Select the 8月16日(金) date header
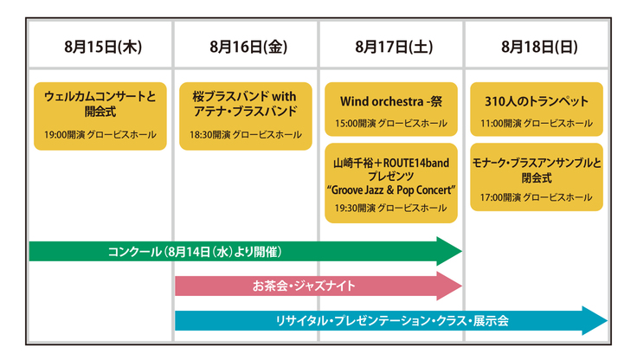pos(248,47)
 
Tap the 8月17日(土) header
pos(393,47)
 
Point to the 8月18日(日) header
pos(538,47)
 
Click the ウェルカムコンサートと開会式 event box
pos(100,114)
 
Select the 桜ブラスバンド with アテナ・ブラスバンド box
pos(246,114)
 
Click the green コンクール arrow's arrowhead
pos(450,251)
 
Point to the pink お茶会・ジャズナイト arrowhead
pos(450,285)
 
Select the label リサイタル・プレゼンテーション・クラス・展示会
pos(391,320)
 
